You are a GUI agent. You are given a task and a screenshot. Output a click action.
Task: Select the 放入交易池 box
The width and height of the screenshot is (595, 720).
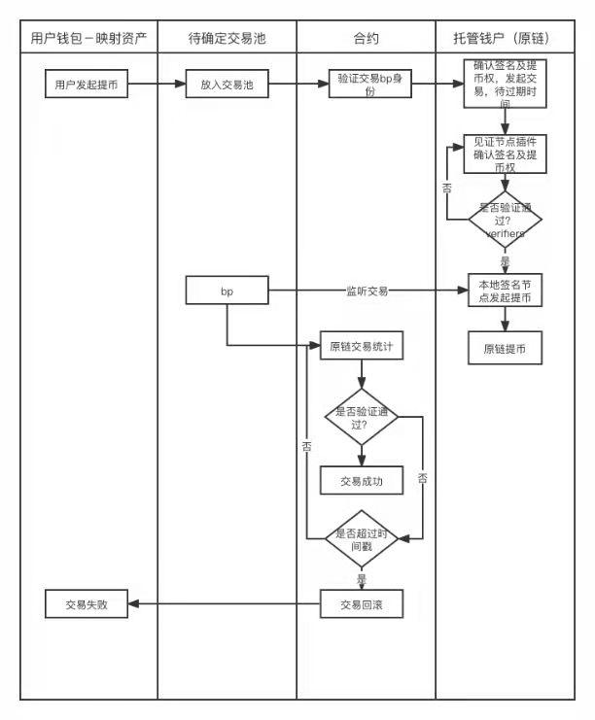227,85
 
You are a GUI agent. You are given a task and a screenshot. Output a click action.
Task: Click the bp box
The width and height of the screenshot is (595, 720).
227,290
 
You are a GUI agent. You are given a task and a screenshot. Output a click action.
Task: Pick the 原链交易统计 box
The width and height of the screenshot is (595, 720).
362,346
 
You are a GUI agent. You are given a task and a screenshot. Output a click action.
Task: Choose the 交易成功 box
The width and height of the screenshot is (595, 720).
362,479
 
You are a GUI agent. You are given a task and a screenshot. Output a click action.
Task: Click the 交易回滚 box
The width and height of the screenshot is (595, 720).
362,604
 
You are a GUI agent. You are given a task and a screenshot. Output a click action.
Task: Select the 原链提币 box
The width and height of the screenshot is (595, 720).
505,348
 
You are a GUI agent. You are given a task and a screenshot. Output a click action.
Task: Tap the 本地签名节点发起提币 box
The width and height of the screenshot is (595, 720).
505,291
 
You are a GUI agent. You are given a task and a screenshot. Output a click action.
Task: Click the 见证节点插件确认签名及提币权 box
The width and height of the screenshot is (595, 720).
505,154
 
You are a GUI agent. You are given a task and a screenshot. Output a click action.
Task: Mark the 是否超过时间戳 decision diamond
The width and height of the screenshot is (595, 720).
362,540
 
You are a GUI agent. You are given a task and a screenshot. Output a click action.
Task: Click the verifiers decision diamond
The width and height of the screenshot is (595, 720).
505,222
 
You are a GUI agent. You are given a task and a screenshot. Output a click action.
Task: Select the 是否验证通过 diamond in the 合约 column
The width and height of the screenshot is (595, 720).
362,418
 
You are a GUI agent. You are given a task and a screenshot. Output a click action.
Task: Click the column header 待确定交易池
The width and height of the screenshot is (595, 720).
227,38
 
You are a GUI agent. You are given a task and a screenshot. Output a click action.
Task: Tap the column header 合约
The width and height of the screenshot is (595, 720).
366,38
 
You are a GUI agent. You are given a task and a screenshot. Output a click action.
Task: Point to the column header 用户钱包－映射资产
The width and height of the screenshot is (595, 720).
88,38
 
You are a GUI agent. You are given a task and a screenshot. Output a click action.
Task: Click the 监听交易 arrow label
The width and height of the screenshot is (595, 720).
367,290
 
